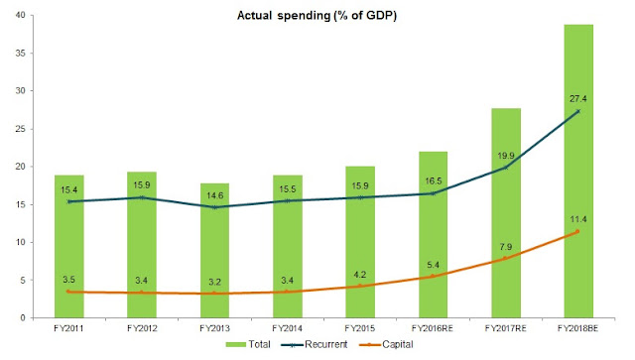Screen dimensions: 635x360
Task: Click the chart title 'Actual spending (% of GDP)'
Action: click(317, 16)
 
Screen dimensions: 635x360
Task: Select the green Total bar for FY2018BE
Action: click(578, 172)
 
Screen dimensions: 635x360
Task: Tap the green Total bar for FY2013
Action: click(214, 251)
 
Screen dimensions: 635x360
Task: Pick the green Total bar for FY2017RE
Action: click(506, 213)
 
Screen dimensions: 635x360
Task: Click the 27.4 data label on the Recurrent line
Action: click(577, 99)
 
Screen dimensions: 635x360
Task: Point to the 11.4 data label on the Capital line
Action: click(577, 219)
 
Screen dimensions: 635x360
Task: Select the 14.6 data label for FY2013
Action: click(214, 195)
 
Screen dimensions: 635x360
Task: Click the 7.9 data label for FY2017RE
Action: click(506, 247)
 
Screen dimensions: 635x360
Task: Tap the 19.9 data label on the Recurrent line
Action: click(506, 156)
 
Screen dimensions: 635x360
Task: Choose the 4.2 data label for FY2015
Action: click(359, 275)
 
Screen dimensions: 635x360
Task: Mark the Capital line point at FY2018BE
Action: click(577, 232)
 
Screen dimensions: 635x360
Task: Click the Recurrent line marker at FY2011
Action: click(68, 201)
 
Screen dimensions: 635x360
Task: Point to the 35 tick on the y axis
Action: click(20, 53)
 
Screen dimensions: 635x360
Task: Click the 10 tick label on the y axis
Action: click(20, 242)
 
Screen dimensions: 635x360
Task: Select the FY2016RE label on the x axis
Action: click(433, 328)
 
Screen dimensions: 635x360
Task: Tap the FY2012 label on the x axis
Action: click(142, 328)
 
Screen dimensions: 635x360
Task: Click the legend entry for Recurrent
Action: click(314, 344)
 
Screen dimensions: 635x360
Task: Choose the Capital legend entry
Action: click(386, 344)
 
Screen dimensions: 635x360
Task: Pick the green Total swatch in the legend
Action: click(236, 344)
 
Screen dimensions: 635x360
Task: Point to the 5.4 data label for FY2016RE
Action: click(433, 265)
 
